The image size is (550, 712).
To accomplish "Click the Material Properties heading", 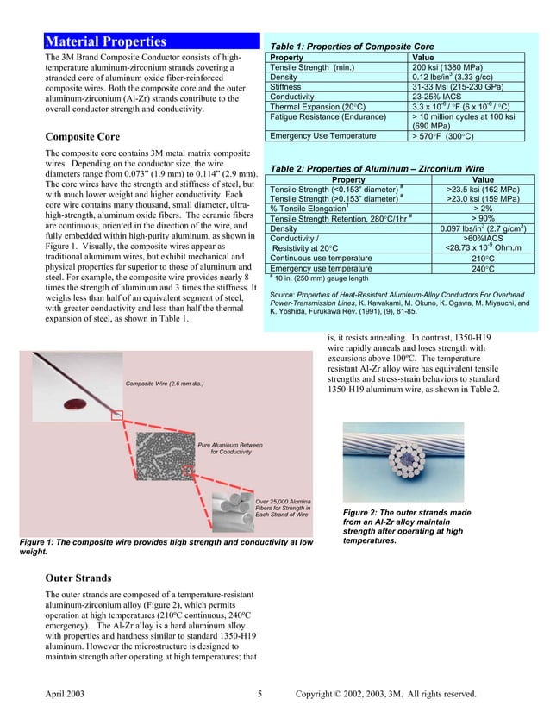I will pos(106,41).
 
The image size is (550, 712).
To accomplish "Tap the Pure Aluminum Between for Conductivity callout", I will pos(230,447).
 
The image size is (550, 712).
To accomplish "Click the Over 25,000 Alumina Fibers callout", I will pos(284,508).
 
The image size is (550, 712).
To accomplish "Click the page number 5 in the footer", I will pos(259,693).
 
